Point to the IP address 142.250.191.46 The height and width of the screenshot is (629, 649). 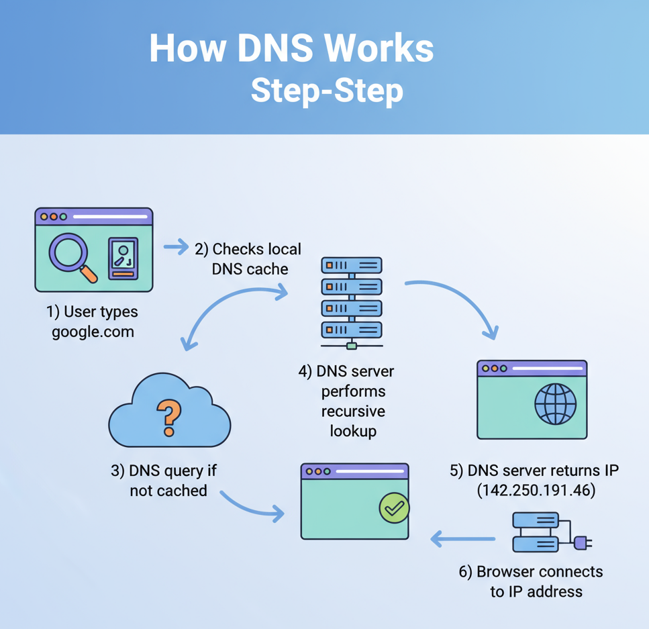coord(536,491)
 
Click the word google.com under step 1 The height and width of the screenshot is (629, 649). coord(93,331)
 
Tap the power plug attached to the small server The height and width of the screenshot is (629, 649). coord(582,541)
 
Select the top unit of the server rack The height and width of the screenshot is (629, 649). coord(351,265)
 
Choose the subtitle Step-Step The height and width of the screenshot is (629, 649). coord(327,90)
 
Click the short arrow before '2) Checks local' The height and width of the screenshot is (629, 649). coord(177,248)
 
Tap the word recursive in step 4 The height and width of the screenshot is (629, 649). coord(353,411)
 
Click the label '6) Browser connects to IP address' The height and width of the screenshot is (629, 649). coord(530,581)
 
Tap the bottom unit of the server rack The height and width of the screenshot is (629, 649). coord(351,330)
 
